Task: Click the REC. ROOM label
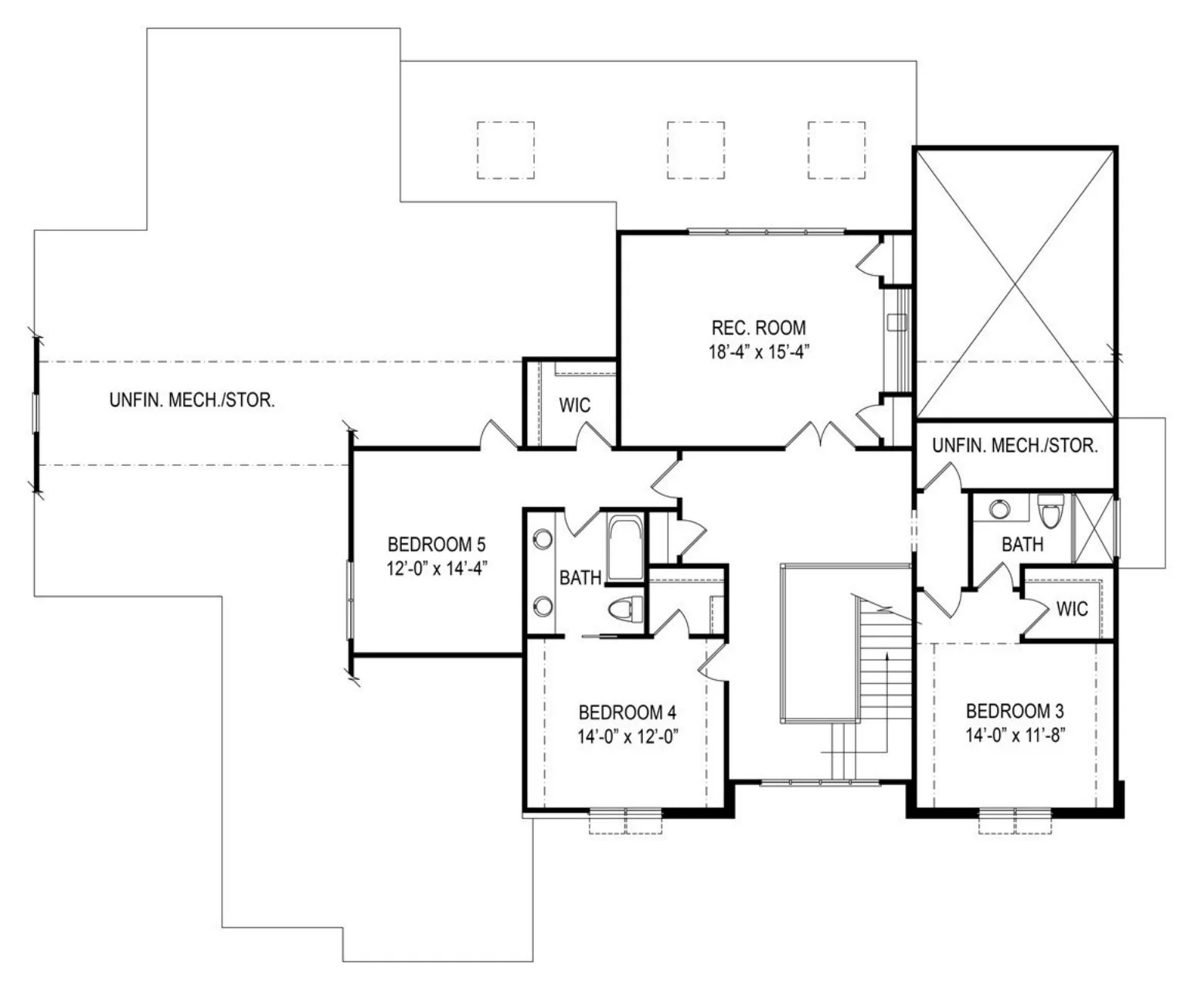(759, 328)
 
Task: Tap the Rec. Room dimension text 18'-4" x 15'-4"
(759, 352)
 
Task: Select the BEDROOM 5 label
(437, 544)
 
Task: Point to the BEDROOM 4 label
(628, 712)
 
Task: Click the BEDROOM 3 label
(1015, 712)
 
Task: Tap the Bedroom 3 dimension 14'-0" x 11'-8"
(1016, 736)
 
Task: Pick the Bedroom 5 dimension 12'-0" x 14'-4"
(437, 569)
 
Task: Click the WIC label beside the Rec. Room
(575, 406)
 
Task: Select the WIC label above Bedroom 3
(1072, 609)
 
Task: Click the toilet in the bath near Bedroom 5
(625, 610)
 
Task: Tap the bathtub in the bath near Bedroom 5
(625, 548)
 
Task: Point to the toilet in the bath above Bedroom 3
(1051, 510)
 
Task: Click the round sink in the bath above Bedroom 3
(1000, 509)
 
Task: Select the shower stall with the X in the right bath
(1094, 527)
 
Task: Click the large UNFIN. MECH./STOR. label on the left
(192, 400)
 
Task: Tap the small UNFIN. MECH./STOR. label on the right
(1015, 446)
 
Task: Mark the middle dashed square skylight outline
(696, 150)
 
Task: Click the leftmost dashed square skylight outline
(505, 150)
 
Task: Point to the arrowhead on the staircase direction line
(887, 655)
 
